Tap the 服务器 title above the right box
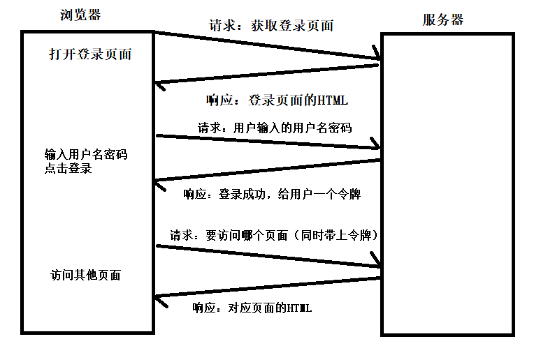click(x=442, y=20)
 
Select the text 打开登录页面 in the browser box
click(x=90, y=53)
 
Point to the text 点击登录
click(x=68, y=169)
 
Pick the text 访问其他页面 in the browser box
click(x=85, y=275)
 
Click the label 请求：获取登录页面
click(x=271, y=27)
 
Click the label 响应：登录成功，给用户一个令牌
click(x=271, y=194)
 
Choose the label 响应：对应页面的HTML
click(x=252, y=308)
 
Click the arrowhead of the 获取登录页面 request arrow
click(x=375, y=56)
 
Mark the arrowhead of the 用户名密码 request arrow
click(x=376, y=146)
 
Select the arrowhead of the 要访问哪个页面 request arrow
click(x=376, y=266)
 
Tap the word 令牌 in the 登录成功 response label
click(x=349, y=194)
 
